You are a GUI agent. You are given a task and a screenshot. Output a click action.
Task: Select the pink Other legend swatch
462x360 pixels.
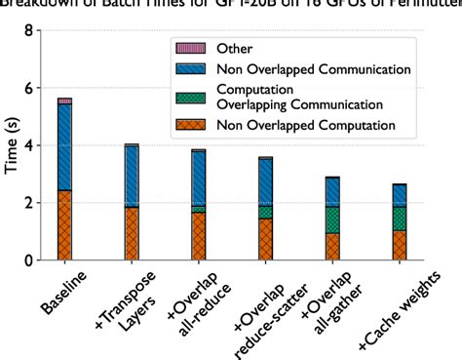click(x=187, y=47)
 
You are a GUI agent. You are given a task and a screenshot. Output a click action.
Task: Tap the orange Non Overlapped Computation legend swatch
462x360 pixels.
click(x=187, y=124)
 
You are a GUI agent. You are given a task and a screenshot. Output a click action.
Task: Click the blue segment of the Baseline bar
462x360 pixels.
click(x=63, y=146)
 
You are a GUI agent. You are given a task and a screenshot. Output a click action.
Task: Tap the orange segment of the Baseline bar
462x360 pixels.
click(x=63, y=225)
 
